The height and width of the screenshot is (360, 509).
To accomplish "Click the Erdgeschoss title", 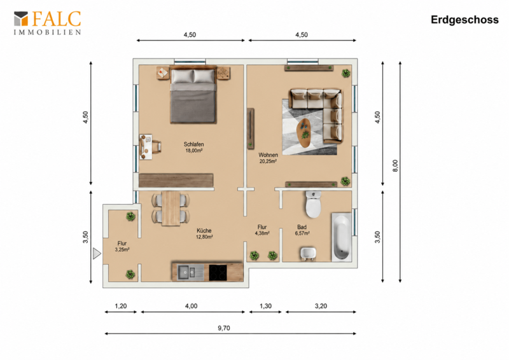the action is (464, 20).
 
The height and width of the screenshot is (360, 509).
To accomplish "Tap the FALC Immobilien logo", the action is (47, 23).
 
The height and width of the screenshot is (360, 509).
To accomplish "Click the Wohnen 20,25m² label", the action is (268, 158).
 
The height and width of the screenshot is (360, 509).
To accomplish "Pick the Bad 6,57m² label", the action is (302, 230).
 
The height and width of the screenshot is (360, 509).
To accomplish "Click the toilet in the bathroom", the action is (313, 205).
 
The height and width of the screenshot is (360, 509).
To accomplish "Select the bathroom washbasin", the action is (309, 254).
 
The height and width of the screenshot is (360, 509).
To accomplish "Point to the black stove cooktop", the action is (218, 273).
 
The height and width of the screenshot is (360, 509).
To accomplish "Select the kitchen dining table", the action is (171, 208).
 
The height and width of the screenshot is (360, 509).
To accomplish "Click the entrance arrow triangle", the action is (97, 254).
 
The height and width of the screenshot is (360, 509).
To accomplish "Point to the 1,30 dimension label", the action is (265, 306).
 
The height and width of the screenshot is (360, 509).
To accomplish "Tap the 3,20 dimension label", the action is (321, 306).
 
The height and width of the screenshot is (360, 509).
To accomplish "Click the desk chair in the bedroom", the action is (156, 146).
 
